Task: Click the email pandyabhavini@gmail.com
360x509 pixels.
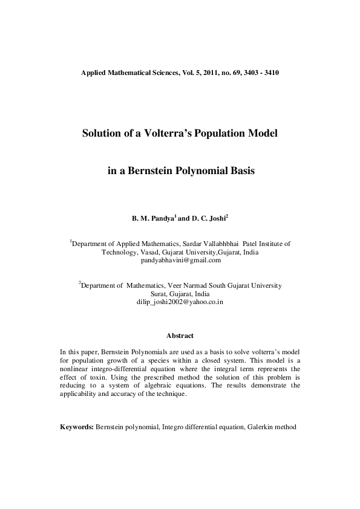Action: pos(180,261)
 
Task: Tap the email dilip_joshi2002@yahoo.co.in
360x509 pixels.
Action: pos(180,301)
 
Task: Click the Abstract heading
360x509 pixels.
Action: pos(180,335)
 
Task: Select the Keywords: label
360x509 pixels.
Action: pos(77,427)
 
